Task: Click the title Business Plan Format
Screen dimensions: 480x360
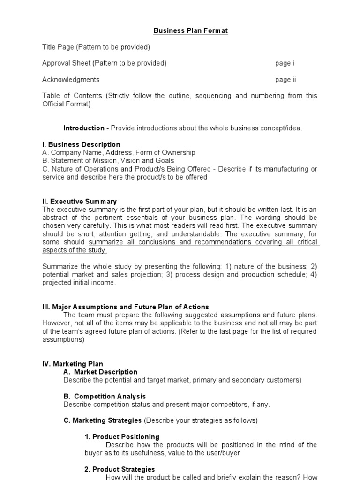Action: click(x=190, y=31)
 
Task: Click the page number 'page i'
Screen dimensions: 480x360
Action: click(x=285, y=63)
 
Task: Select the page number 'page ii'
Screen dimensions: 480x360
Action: click(x=285, y=80)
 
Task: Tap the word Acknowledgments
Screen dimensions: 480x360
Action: click(x=71, y=80)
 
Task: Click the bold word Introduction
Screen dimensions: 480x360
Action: click(x=84, y=128)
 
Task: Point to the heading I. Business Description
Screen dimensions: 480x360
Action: click(x=81, y=144)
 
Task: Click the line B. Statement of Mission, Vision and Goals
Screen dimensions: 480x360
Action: click(x=108, y=160)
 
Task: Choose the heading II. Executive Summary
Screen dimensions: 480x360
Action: click(x=80, y=202)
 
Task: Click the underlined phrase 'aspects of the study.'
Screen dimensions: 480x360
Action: click(x=72, y=250)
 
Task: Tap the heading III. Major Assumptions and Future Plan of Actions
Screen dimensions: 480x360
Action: click(x=126, y=307)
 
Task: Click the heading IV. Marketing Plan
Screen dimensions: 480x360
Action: click(x=73, y=364)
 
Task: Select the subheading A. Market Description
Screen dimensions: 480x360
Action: click(x=100, y=372)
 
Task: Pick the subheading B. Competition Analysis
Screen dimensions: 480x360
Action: click(x=105, y=396)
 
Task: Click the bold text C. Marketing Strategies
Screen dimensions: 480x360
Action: click(x=102, y=420)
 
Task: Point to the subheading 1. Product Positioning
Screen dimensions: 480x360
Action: click(x=122, y=437)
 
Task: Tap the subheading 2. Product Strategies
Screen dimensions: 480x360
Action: click(x=120, y=469)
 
